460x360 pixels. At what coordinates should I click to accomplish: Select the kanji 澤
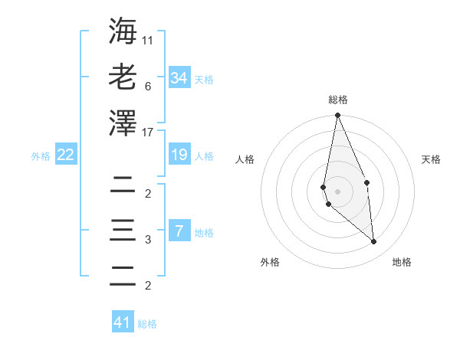point(123,123)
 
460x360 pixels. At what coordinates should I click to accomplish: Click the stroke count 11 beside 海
point(148,38)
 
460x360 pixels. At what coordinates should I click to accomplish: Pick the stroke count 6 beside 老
point(147,86)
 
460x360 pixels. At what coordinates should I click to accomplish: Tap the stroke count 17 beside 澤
point(148,133)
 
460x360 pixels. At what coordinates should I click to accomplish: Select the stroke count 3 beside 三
point(147,240)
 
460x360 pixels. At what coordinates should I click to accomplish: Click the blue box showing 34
point(179,78)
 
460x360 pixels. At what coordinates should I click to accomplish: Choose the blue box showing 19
point(179,155)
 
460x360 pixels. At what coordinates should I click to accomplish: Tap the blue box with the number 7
point(179,231)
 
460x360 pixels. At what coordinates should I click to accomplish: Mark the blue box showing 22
point(65,155)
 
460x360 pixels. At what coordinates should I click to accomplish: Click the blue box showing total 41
point(123,322)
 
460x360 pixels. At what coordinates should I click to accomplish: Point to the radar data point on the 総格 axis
point(337,115)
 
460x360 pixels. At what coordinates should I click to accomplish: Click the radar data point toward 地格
point(373,242)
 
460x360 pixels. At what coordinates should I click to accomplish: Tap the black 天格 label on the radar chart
point(432,160)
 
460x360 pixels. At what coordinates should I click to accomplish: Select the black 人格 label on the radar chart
point(245,160)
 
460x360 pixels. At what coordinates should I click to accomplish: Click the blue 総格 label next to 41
point(147,324)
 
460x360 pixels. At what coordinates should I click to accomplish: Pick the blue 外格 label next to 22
point(41,156)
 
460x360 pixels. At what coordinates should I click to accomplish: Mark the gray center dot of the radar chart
point(337,191)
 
